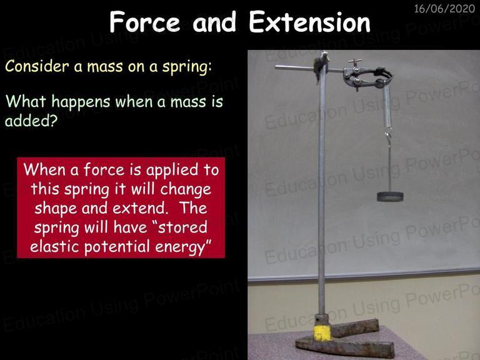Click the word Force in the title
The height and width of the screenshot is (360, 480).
point(145,22)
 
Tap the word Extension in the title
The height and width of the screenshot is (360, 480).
point(309,22)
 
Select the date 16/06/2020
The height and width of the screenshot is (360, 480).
point(444,9)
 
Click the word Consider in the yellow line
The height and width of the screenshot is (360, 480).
point(37,66)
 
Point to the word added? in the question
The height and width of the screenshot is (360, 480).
point(31,121)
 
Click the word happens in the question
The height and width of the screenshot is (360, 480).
point(81,101)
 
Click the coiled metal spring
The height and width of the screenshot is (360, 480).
point(387,106)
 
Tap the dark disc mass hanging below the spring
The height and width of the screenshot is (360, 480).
point(390,196)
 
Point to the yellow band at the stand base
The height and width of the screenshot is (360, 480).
point(322,332)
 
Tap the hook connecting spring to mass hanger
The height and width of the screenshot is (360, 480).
point(389,134)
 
